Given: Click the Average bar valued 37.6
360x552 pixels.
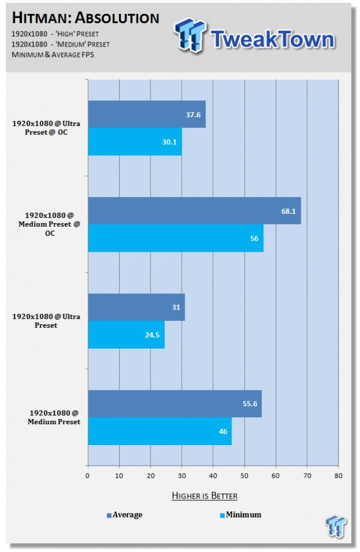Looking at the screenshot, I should pyautogui.click(x=146, y=114).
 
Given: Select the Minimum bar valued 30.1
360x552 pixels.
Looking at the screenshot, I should pyautogui.click(x=135, y=142).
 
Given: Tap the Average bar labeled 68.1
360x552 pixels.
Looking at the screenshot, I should pyautogui.click(x=194, y=211).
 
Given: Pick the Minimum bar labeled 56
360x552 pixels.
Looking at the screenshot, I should pyautogui.click(x=175, y=238).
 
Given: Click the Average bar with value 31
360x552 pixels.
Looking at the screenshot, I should pyautogui.click(x=136, y=307).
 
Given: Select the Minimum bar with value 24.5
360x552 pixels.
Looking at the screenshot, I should pyautogui.click(x=126, y=335).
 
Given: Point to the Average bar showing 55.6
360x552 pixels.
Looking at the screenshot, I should pyautogui.click(x=174, y=403).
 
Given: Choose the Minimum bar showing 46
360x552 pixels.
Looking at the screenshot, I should pyautogui.click(x=160, y=431).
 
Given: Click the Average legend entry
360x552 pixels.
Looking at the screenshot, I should pyautogui.click(x=124, y=514).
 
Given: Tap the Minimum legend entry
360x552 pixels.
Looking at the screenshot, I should pyautogui.click(x=241, y=514).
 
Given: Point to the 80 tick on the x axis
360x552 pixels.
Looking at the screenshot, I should pyautogui.click(x=338, y=476).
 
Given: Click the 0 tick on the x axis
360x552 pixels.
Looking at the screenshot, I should pyautogui.click(x=88, y=476).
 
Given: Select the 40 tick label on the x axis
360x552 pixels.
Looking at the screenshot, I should pyautogui.click(x=213, y=476).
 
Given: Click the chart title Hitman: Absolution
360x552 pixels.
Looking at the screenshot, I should pyautogui.click(x=85, y=17).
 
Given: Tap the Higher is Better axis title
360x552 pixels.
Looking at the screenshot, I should pyautogui.click(x=204, y=496).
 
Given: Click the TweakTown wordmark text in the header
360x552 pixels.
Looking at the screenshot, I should pyautogui.click(x=273, y=39).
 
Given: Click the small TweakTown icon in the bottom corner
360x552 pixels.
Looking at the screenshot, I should pyautogui.click(x=336, y=526).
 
